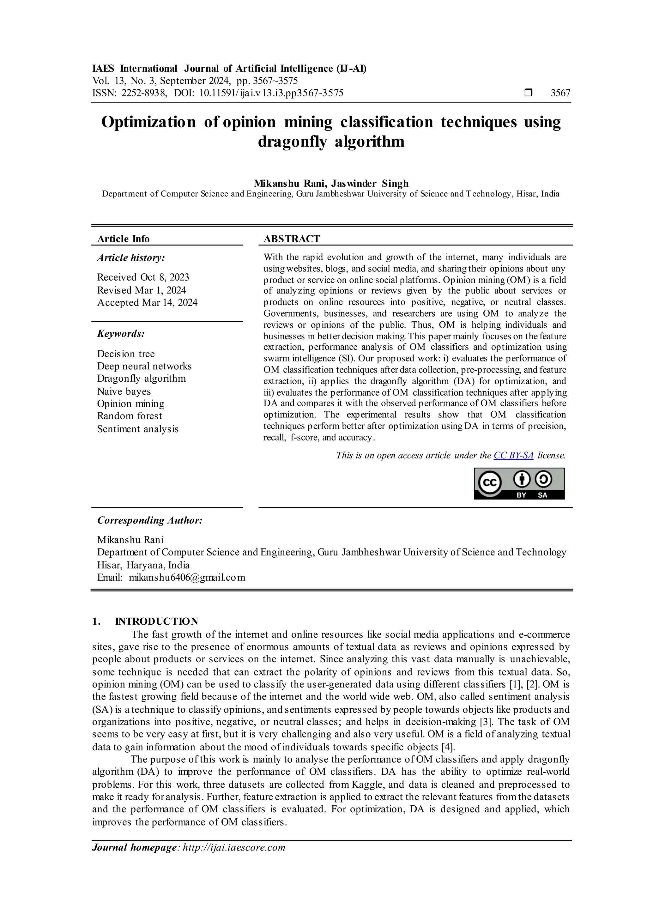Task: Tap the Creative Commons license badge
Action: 519,483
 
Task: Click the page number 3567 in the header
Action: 560,93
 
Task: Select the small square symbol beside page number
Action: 528,93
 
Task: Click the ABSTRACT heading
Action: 292,239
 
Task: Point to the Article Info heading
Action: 123,239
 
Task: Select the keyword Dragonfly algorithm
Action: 142,379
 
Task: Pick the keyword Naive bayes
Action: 124,391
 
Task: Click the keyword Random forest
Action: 130,416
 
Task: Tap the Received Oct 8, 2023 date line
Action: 143,277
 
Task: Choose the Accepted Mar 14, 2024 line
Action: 147,303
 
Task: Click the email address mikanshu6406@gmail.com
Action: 187,578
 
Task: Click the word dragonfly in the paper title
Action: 292,142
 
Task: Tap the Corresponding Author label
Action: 150,520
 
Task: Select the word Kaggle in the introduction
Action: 368,785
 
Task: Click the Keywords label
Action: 121,334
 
